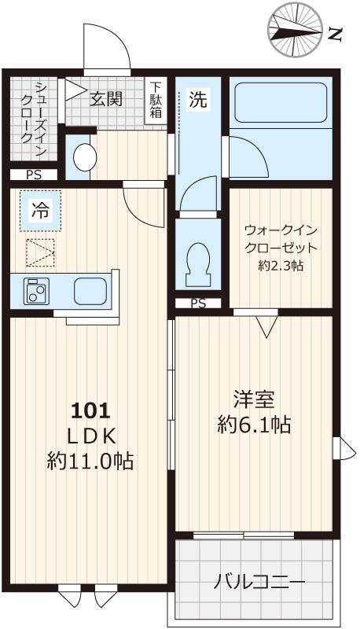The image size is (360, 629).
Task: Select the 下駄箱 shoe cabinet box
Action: click(157, 100)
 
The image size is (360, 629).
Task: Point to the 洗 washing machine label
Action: click(199, 100)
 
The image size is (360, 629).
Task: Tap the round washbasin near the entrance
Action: click(83, 156)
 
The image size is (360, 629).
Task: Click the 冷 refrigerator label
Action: click(39, 210)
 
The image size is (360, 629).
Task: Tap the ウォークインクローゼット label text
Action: click(281, 239)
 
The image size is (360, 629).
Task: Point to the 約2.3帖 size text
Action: click(281, 266)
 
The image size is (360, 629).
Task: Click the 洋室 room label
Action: click(253, 399)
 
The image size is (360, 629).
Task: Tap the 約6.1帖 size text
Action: click(253, 425)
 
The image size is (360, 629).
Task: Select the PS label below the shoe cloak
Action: click(34, 175)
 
